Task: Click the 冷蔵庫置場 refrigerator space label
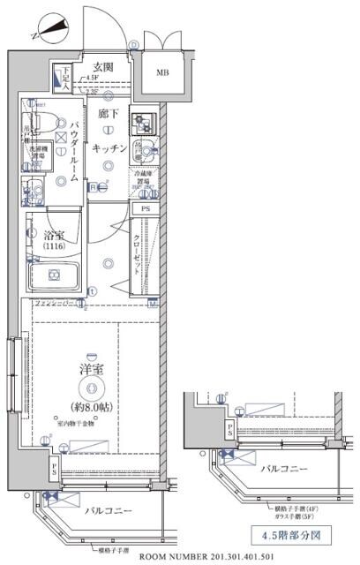142,179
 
